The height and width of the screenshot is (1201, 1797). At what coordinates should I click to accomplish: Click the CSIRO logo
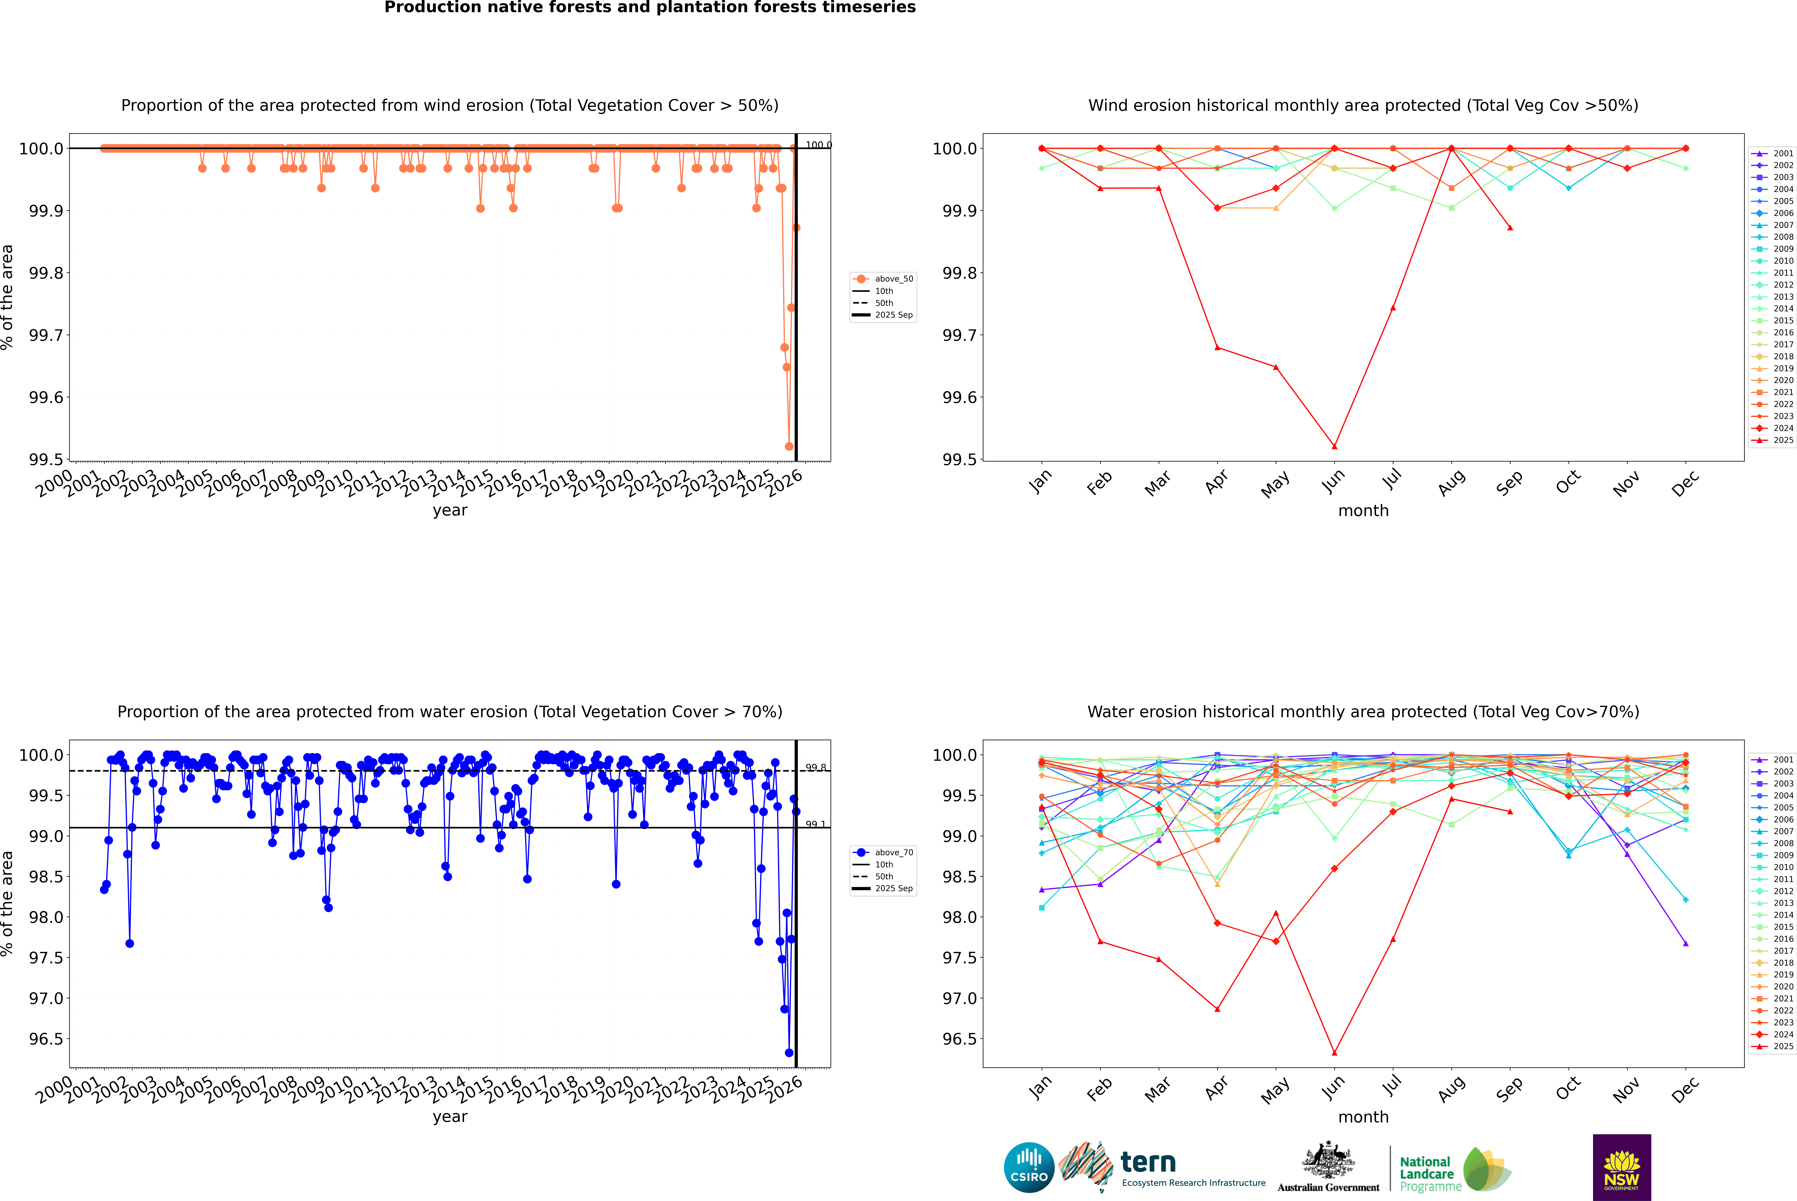coord(1029,1167)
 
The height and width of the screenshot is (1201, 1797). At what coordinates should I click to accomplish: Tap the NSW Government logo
coord(1622,1167)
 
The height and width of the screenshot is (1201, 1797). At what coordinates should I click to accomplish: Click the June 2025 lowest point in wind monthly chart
coord(1334,447)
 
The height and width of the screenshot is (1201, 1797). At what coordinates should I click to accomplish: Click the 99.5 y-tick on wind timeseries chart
coord(46,460)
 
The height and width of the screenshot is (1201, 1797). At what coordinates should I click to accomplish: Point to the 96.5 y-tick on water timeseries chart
coord(46,1039)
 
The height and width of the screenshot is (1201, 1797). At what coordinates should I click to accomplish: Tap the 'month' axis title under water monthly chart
coord(1363,1117)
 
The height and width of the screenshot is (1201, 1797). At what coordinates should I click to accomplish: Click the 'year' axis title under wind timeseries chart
coord(450,510)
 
